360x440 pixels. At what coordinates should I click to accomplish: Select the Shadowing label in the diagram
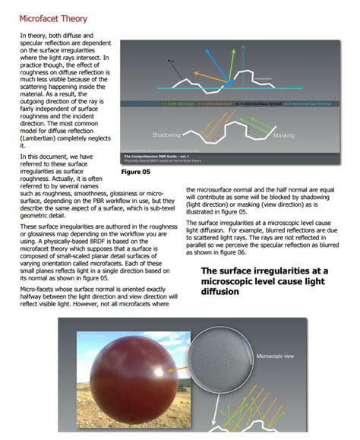pos(166,135)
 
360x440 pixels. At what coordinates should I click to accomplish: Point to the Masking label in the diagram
pos(283,135)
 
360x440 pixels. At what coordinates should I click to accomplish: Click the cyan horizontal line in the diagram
pos(228,101)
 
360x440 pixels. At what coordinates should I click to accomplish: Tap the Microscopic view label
pos(279,355)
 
